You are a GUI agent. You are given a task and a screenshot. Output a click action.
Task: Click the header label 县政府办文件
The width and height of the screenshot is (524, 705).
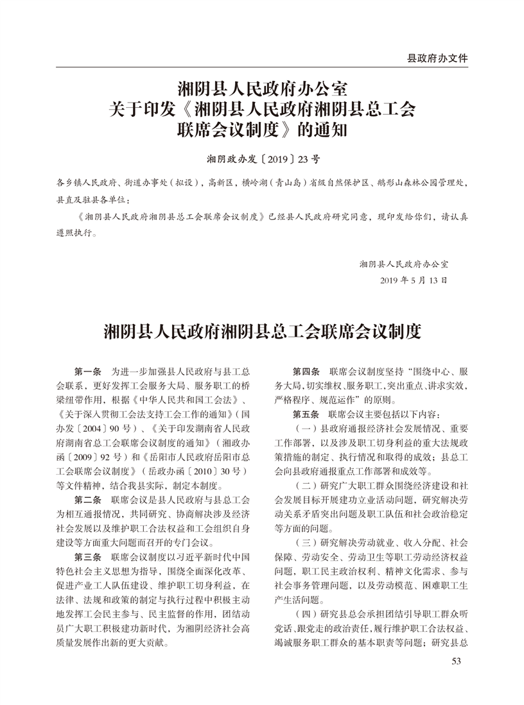437,58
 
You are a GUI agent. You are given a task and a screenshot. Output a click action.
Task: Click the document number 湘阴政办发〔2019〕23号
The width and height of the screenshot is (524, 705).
262,157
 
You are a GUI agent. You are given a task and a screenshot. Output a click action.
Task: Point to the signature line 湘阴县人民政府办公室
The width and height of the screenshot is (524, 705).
404,264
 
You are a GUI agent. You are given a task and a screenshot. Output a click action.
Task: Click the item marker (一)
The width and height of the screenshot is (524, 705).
305,428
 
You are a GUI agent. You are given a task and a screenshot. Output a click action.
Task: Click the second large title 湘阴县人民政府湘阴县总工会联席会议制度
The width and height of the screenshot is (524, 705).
262,333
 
